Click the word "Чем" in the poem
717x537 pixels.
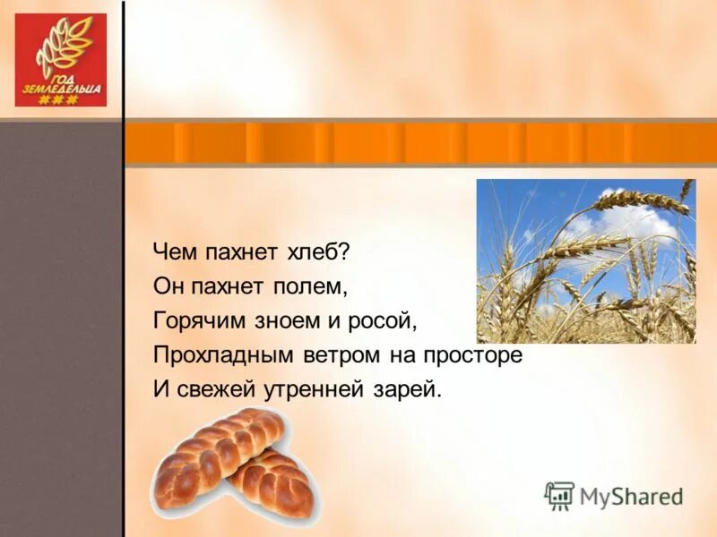point(172,251)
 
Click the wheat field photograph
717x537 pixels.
point(585,260)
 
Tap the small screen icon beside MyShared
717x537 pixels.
point(559,495)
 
